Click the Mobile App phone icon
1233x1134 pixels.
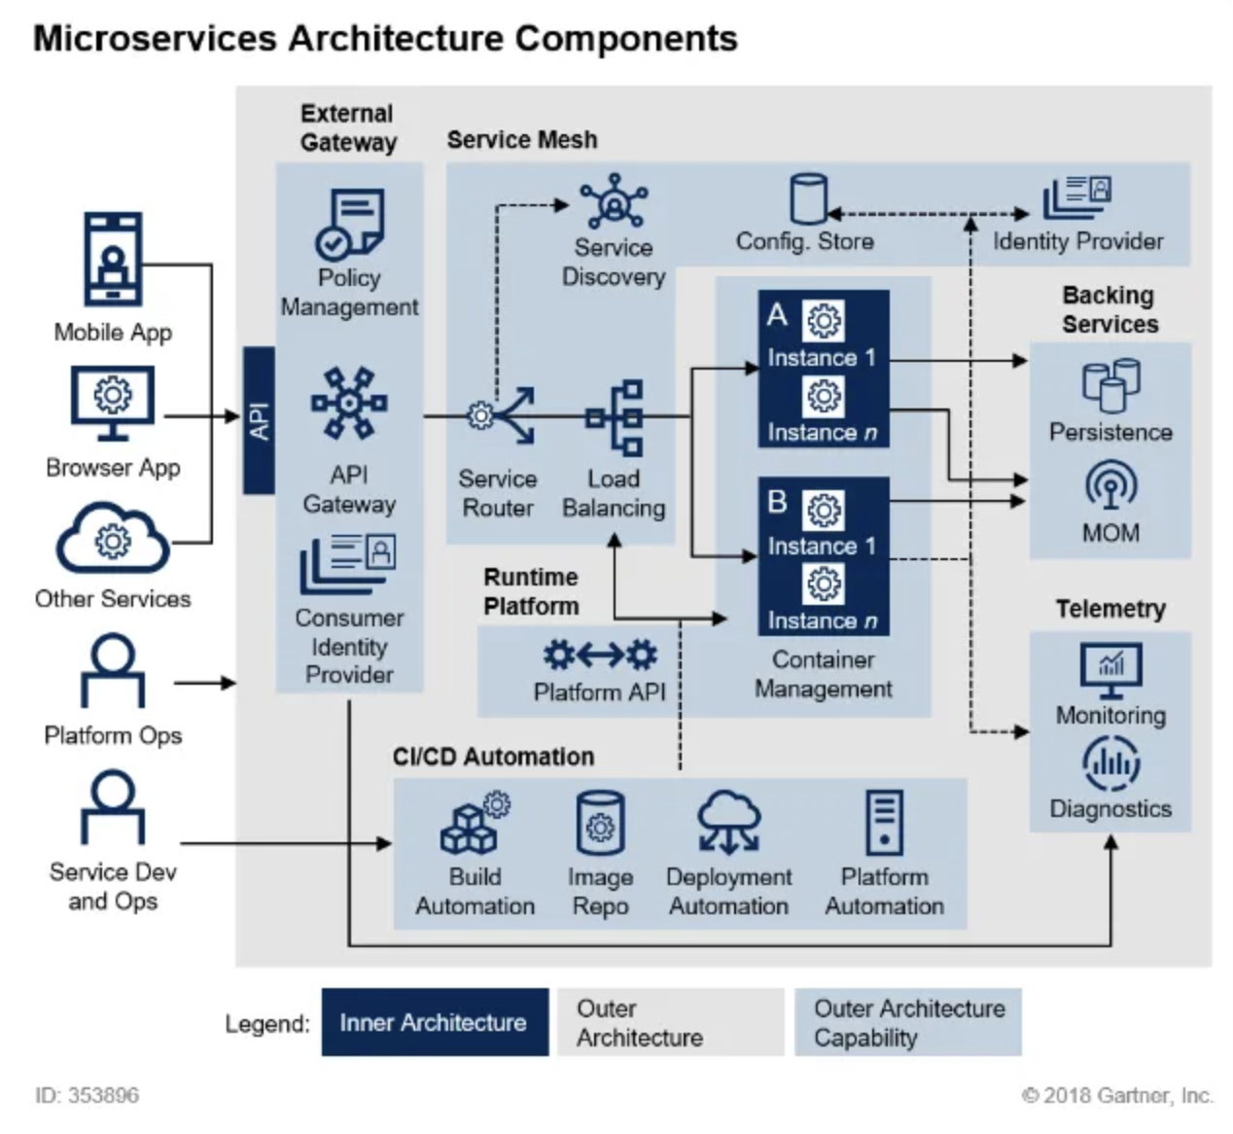pos(113,261)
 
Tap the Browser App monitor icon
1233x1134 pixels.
pos(113,402)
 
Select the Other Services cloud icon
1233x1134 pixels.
pos(113,540)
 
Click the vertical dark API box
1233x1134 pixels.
pos(259,420)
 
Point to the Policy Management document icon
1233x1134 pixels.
pos(350,225)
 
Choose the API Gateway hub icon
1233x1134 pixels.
pos(349,403)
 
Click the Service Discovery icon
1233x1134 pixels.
pos(614,203)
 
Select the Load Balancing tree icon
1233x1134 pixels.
pos(616,417)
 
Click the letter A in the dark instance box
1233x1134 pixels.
pos(776,315)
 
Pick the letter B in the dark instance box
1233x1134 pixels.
pos(776,502)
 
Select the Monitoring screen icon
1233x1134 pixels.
pos(1110,670)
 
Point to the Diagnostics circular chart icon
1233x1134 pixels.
pos(1110,764)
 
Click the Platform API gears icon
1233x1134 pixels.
pos(600,656)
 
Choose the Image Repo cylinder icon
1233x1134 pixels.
pos(600,824)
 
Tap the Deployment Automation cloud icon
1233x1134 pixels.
pos(729,822)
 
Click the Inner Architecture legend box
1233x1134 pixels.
pos(435,1022)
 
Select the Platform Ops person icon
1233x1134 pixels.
pos(113,671)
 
